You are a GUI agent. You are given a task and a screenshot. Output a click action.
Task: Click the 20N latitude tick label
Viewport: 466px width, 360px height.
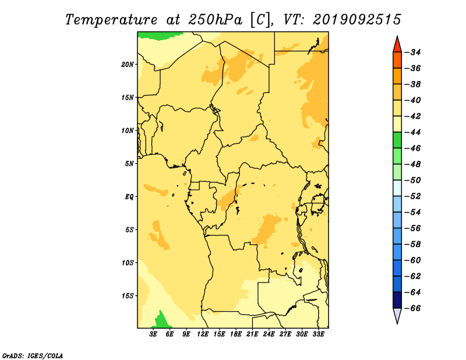pos(128,65)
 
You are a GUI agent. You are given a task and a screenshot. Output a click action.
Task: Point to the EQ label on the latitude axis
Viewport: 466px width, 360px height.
pos(129,197)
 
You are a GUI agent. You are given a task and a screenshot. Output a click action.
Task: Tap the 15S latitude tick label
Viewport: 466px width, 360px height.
pos(128,296)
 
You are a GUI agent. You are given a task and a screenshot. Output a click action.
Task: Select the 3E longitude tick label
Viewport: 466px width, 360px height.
pos(153,334)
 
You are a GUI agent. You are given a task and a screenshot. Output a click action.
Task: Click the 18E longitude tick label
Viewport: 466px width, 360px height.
pos(236,334)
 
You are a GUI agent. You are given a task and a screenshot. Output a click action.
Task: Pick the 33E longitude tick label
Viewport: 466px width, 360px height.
pos(318,334)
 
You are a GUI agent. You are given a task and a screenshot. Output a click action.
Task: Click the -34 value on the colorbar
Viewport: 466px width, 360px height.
pos(413,52)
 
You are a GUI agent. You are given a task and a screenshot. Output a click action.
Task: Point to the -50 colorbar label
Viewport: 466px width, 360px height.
pos(413,181)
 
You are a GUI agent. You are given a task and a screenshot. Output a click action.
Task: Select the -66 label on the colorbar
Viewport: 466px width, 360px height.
pos(413,308)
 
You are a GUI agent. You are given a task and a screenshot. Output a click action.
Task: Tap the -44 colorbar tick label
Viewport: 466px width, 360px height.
pos(413,132)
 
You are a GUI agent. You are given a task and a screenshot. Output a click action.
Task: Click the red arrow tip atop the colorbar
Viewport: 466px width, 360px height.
pos(397,37)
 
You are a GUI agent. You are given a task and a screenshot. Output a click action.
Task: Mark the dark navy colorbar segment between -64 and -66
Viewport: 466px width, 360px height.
pos(397,300)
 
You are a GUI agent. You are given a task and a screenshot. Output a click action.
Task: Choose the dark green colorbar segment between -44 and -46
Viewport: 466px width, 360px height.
pos(397,140)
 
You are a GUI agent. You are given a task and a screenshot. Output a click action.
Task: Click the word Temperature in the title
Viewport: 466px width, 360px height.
pos(111,20)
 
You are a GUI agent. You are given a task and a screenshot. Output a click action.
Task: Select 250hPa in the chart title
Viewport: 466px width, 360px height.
pos(215,20)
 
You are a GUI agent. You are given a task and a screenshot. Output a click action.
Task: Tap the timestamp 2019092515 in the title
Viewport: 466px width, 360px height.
pos(357,20)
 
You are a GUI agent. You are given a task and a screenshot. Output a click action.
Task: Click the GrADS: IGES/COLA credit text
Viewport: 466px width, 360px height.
pos(33,356)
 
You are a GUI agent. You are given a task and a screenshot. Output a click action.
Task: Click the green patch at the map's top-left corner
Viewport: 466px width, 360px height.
pos(157,35)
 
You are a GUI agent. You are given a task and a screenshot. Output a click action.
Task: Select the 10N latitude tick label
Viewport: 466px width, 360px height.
pos(128,130)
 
